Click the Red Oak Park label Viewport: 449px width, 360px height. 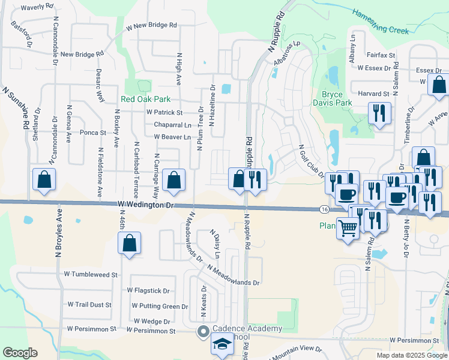(x=145, y=99)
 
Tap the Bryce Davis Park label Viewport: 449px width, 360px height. (x=332, y=98)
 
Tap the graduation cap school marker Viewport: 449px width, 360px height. (x=222, y=346)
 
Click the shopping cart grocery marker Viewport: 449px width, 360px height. (x=348, y=228)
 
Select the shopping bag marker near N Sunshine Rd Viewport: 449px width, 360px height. (x=44, y=179)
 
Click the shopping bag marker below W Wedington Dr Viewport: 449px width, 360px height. (x=129, y=243)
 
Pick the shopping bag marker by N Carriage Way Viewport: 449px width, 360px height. (x=173, y=180)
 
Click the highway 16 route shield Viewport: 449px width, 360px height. (x=324, y=209)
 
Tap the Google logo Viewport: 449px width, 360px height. (x=20, y=353)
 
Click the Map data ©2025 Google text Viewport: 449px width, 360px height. (x=411, y=355)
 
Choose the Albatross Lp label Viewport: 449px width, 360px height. (x=286, y=55)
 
